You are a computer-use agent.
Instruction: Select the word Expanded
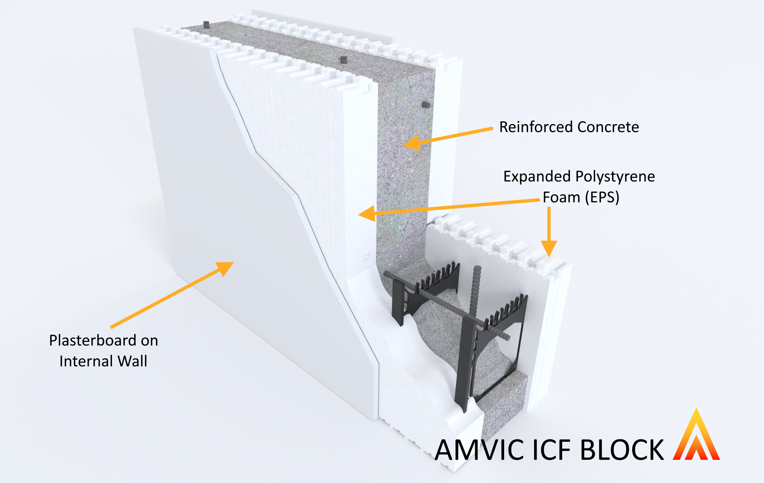pos(537,176)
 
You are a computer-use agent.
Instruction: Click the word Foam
pos(561,197)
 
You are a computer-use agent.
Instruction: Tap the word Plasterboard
pos(92,340)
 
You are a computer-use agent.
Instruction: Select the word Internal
pos(86,361)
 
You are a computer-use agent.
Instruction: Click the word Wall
pos(132,361)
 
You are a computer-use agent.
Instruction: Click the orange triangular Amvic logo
pos(696,437)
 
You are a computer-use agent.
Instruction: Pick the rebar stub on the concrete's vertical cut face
pos(426,105)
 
